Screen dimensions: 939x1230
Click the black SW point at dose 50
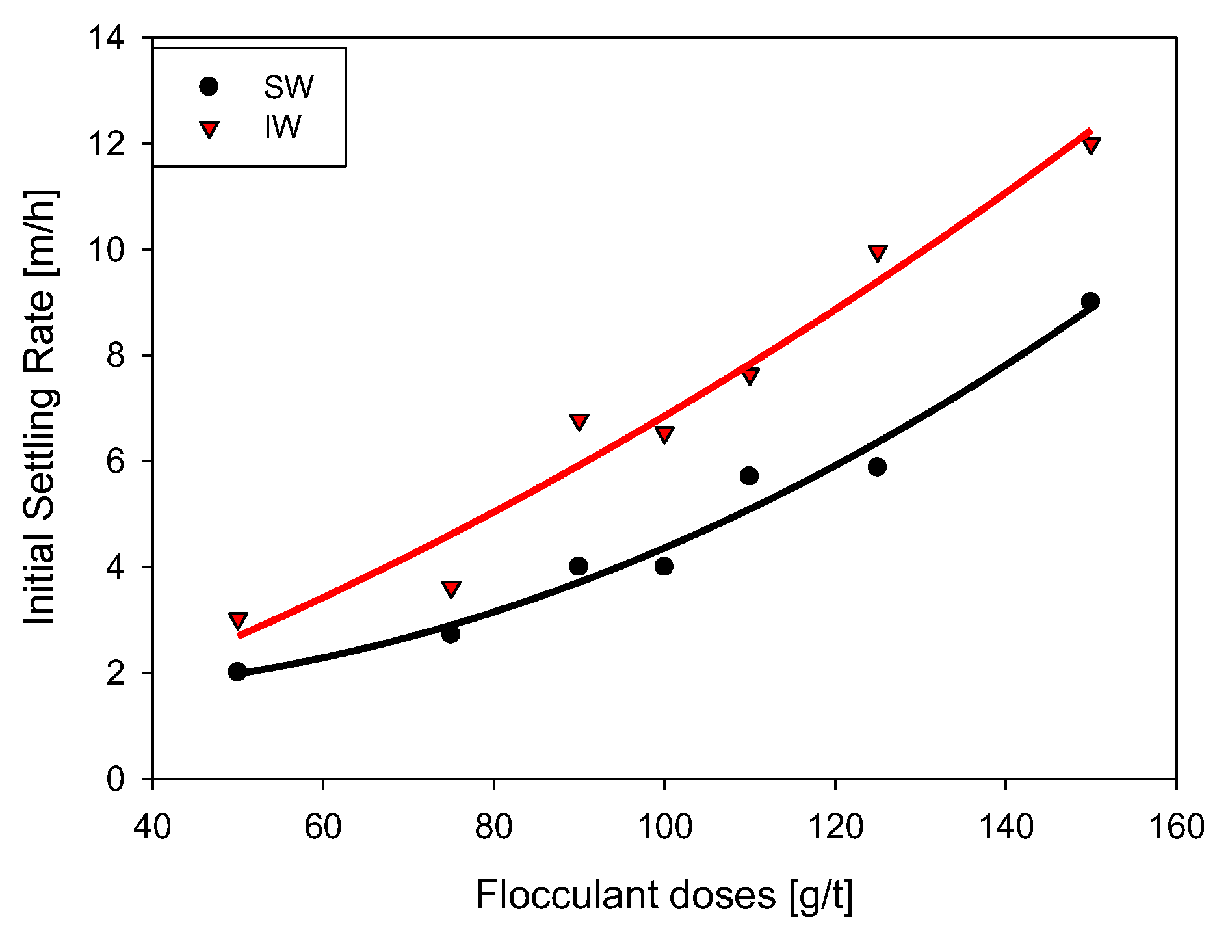click(238, 672)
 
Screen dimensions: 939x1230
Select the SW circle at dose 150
click(1090, 301)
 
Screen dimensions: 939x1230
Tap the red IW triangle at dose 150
click(1092, 144)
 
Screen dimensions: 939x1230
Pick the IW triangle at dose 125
click(878, 252)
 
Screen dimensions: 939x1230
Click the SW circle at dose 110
click(749, 476)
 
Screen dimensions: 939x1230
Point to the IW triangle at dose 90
click(579, 421)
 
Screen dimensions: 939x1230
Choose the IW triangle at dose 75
click(451, 589)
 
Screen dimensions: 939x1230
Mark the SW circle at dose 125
click(877, 467)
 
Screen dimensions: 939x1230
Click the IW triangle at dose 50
click(238, 620)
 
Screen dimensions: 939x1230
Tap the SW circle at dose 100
click(664, 566)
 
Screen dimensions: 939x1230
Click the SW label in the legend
click(289, 87)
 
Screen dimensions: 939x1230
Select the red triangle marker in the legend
click(209, 129)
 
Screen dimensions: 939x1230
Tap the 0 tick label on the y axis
click(115, 778)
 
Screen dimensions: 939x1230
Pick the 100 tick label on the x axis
click(664, 827)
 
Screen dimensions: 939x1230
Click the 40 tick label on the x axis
click(152, 827)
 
